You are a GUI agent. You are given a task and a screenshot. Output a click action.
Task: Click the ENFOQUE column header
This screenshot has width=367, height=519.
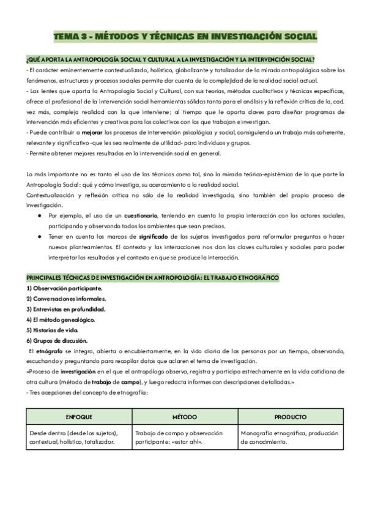tap(78, 417)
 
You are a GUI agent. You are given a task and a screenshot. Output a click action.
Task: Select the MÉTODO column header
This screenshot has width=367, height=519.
tap(184, 417)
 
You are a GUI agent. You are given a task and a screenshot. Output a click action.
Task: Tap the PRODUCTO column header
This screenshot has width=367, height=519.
tap(290, 417)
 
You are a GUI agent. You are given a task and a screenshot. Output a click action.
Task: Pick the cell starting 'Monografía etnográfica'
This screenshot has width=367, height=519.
tap(289, 437)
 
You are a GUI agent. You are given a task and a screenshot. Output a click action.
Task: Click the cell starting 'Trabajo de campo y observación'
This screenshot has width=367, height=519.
tap(183, 437)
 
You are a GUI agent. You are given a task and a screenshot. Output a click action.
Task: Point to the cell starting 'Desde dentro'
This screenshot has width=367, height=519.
tap(78, 437)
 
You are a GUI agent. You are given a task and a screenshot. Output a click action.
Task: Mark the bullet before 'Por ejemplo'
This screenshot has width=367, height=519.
tap(39, 216)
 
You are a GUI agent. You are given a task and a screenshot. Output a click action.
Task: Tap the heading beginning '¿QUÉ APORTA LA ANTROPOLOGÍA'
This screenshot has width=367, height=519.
tap(171, 60)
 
